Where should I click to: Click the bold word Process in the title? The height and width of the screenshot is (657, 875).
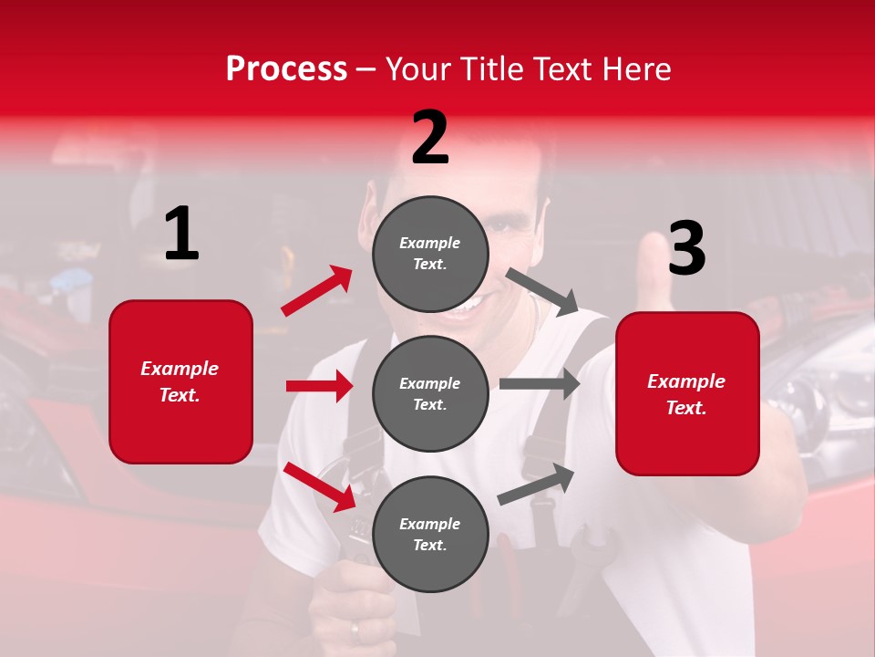pos(286,69)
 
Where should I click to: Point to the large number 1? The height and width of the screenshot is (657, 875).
pos(181,235)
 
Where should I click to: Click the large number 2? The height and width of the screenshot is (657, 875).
pos(430,138)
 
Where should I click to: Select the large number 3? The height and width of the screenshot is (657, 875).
pos(686,248)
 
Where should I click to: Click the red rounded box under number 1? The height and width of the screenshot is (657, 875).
pos(180,381)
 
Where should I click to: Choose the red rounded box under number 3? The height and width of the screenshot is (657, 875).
pos(687,393)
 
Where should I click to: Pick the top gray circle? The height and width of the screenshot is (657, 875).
pos(430,254)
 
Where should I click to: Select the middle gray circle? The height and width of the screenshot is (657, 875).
pos(430,393)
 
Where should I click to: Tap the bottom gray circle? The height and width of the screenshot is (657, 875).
pos(430,534)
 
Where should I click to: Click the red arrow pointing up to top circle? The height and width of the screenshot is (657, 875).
pos(317,290)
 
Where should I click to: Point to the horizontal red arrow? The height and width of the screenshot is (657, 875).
pos(320,386)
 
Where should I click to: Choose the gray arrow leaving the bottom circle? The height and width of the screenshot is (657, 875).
pos(537,484)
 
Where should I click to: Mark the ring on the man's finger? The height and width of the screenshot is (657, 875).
pos(355,629)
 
